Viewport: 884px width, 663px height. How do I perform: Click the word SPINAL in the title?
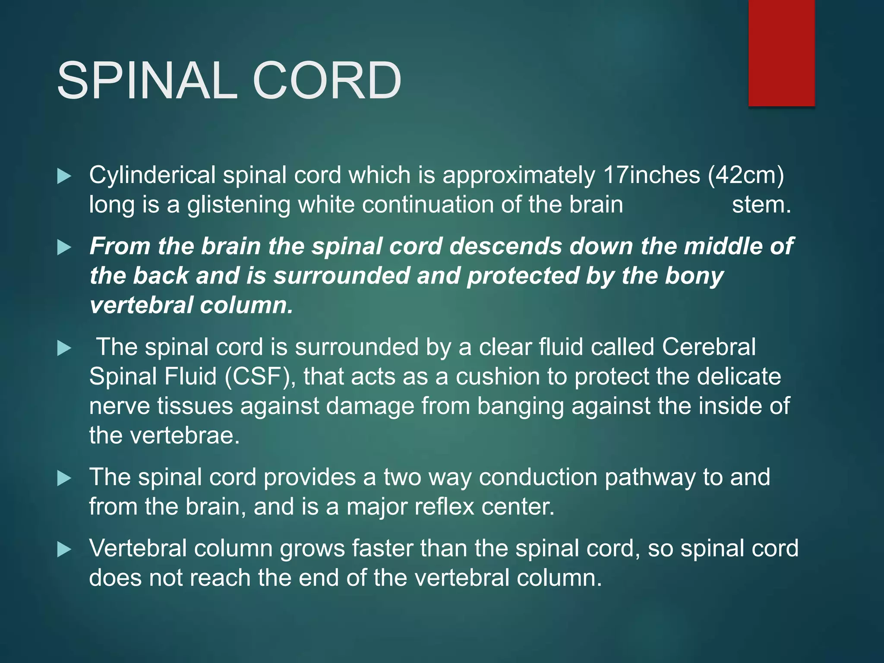pos(147,81)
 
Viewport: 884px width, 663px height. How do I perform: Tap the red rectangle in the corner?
pos(781,53)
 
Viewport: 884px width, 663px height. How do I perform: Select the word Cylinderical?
pos(152,176)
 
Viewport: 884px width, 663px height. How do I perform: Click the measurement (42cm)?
pos(745,176)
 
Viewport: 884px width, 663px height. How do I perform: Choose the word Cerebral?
pos(708,347)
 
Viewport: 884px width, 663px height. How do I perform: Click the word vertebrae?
pos(185,435)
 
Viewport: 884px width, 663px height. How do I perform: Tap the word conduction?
pos(538,477)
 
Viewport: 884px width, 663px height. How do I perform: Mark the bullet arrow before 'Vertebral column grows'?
pos(64,549)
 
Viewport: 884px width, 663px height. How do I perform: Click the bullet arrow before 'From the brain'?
pos(64,247)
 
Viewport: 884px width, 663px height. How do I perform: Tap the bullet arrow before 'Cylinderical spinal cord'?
pos(64,176)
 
